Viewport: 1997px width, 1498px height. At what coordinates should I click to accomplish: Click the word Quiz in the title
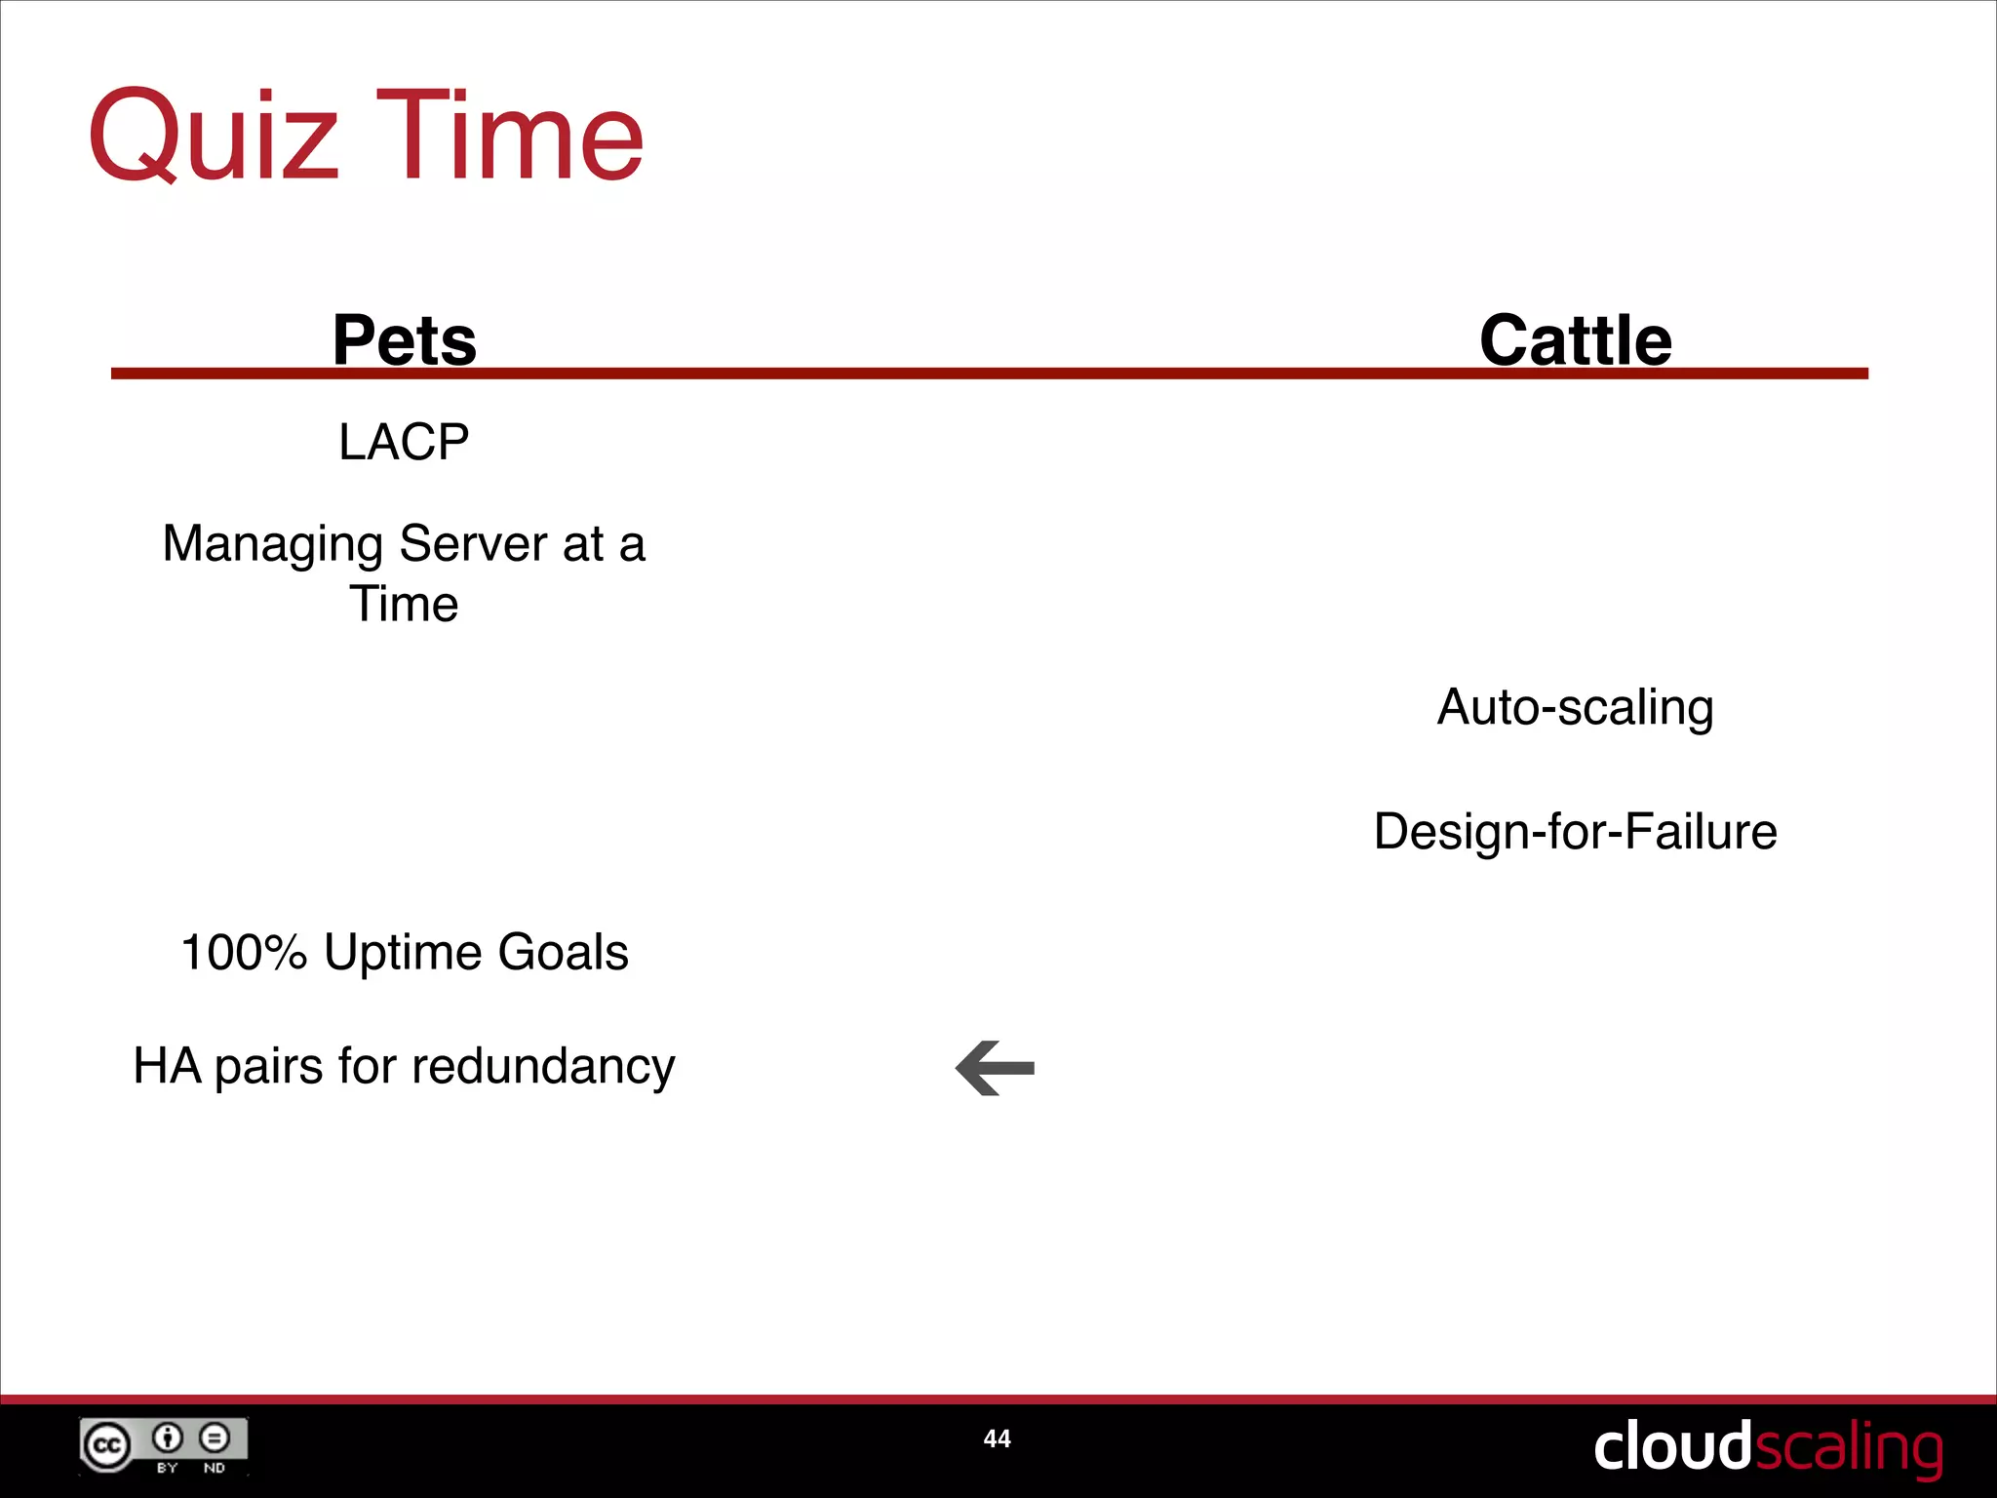[x=213, y=137]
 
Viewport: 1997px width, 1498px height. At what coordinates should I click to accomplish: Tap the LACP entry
[x=404, y=442]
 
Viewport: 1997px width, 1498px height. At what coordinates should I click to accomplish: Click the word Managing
[x=272, y=544]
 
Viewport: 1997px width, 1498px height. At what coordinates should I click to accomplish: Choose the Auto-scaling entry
[x=1575, y=707]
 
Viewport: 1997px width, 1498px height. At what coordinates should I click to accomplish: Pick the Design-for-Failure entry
[x=1575, y=832]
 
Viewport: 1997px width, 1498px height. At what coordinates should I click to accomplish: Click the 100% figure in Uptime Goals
[x=244, y=952]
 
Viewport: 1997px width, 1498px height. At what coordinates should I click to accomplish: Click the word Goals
[x=563, y=952]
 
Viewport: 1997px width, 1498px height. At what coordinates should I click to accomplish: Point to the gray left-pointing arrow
[x=995, y=1068]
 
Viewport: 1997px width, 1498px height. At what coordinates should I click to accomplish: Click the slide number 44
[x=997, y=1439]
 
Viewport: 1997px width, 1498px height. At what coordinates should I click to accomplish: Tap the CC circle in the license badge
[x=106, y=1445]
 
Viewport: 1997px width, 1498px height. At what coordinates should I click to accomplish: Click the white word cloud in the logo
[x=1672, y=1446]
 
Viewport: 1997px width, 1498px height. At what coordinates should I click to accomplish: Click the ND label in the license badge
[x=215, y=1468]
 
